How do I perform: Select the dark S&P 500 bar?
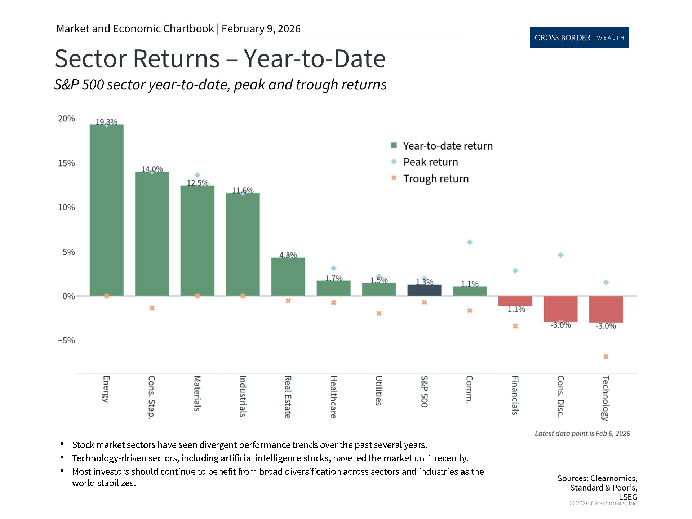point(424,290)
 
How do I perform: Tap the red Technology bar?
point(606,309)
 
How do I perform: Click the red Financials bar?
point(515,301)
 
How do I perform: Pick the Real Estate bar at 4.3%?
point(288,277)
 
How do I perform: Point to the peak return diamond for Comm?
point(470,242)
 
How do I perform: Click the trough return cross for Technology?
point(606,356)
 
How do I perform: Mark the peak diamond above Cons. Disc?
point(560,255)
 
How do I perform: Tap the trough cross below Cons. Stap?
point(152,308)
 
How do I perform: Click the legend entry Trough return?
point(435,178)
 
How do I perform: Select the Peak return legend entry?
point(430,162)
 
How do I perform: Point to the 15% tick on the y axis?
point(66,163)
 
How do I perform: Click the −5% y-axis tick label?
point(66,341)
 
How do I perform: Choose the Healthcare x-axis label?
point(333,396)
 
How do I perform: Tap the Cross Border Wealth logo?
point(579,37)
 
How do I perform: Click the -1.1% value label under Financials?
point(515,309)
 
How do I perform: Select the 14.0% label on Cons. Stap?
point(152,169)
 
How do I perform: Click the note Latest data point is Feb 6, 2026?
point(582,434)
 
